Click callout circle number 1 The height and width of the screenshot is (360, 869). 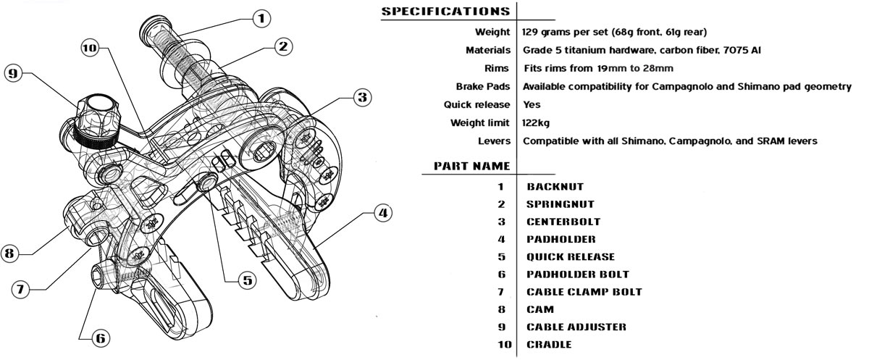[261, 17]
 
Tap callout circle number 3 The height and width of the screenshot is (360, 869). [362, 96]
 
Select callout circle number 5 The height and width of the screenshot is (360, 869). [248, 280]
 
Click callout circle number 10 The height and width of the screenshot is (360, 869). [90, 49]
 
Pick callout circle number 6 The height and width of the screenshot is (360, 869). [99, 337]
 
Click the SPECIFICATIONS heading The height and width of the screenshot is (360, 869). [445, 12]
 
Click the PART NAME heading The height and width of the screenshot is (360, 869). [471, 166]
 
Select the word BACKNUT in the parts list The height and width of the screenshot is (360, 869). [555, 187]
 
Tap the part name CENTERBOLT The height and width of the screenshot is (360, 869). [563, 222]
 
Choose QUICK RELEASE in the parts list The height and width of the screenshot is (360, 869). [571, 257]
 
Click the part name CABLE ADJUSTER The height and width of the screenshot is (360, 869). [576, 327]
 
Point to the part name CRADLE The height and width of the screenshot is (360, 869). [549, 345]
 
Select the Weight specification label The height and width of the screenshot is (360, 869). [492, 33]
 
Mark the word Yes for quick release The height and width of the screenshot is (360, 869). [531, 105]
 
